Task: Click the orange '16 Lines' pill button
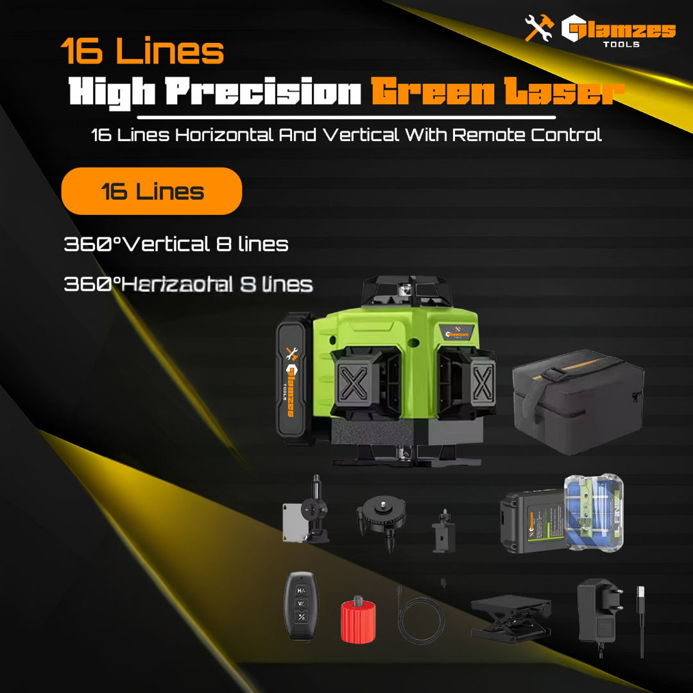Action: tap(151, 191)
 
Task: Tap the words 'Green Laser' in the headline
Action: tap(497, 94)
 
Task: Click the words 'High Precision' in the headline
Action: tap(215, 94)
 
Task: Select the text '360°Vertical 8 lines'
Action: tap(176, 244)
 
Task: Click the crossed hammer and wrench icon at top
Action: tap(539, 29)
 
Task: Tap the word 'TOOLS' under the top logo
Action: tap(621, 44)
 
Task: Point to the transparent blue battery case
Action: tap(593, 513)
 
